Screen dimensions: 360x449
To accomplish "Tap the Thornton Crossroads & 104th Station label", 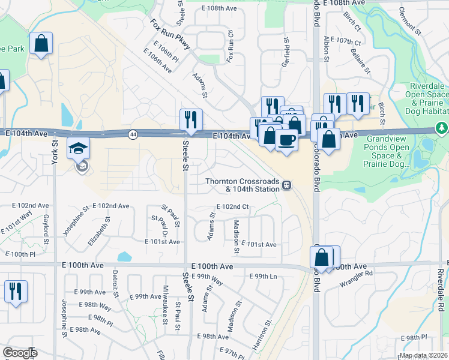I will [x=243, y=185].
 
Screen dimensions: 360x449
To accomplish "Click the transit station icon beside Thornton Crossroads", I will [x=288, y=185].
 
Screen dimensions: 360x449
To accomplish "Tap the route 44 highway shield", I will [x=133, y=134].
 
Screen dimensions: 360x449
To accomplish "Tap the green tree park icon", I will [x=442, y=128].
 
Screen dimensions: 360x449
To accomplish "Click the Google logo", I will [x=20, y=353].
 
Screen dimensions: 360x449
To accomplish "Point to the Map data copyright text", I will [x=423, y=355].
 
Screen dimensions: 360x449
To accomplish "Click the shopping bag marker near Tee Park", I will [x=41, y=43].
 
